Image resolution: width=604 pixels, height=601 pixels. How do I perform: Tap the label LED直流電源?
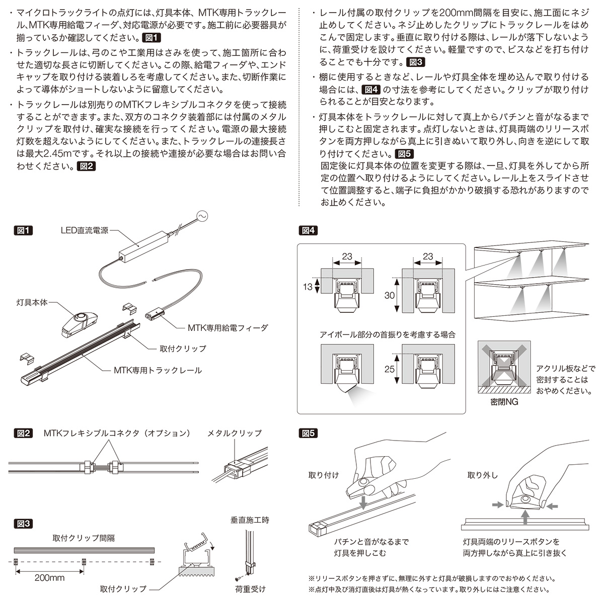[x=84, y=231]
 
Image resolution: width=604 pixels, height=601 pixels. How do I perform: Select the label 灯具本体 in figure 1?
[x=32, y=302]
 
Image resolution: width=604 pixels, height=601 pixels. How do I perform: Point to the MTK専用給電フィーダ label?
[x=228, y=327]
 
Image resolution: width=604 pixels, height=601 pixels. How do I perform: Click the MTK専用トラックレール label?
[x=158, y=370]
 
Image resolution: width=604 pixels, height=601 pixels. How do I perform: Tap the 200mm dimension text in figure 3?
[x=49, y=577]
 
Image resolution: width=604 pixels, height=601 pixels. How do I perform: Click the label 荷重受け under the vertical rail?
[x=250, y=588]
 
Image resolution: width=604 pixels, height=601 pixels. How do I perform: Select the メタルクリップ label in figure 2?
[x=235, y=433]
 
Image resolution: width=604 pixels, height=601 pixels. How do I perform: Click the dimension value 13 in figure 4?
[x=308, y=287]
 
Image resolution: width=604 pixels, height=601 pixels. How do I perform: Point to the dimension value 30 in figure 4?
[x=389, y=296]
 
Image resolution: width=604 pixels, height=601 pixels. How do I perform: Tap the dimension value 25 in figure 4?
[x=389, y=369]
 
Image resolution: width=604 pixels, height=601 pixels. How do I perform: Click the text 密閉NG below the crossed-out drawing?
[x=503, y=402]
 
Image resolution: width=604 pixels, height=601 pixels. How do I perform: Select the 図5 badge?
[x=309, y=433]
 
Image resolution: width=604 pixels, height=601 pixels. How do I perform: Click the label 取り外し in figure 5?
[x=482, y=475]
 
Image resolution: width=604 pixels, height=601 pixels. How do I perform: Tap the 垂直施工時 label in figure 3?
[x=250, y=520]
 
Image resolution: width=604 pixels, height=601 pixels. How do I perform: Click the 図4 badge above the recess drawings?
[x=309, y=230]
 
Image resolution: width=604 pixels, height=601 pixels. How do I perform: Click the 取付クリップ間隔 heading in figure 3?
[x=84, y=538]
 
